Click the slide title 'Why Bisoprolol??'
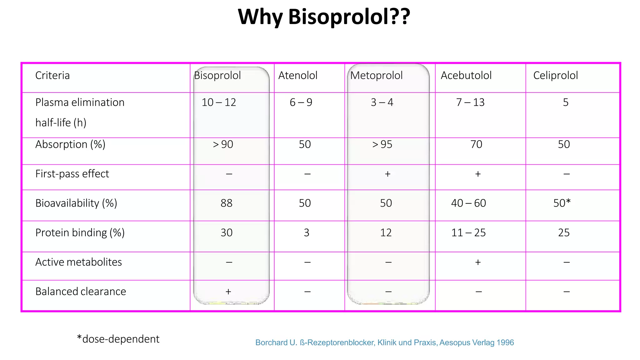pyautogui.click(x=324, y=17)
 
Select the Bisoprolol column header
pyautogui.click(x=217, y=76)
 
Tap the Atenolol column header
pyautogui.click(x=298, y=76)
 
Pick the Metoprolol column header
pyautogui.click(x=376, y=76)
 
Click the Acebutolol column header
pyautogui.click(x=466, y=76)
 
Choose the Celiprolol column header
pyautogui.click(x=555, y=76)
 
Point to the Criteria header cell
pyautogui.click(x=52, y=76)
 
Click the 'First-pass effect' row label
pyautogui.click(x=72, y=174)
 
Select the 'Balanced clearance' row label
pyautogui.click(x=81, y=292)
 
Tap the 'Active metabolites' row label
pyautogui.click(x=78, y=262)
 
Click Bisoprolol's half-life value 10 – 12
pyautogui.click(x=219, y=102)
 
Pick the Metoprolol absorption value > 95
pyautogui.click(x=382, y=144)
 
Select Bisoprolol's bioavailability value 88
pyautogui.click(x=227, y=203)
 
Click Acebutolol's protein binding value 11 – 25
pyautogui.click(x=468, y=233)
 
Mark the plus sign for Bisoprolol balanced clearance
pyautogui.click(x=228, y=292)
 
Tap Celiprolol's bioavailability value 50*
pyautogui.click(x=562, y=203)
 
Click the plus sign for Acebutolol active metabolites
pyautogui.click(x=478, y=262)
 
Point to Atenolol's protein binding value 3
pyautogui.click(x=307, y=233)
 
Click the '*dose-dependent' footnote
pyautogui.click(x=118, y=339)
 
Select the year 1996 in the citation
pyautogui.click(x=505, y=343)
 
